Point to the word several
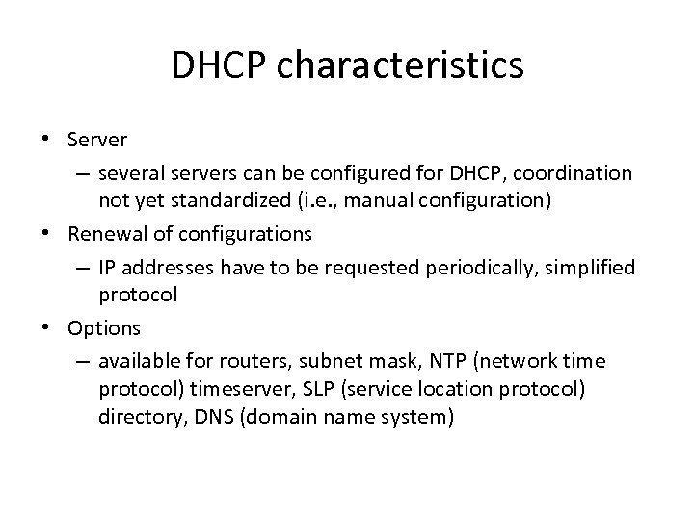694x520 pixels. (130, 173)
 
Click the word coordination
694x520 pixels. (574, 173)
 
